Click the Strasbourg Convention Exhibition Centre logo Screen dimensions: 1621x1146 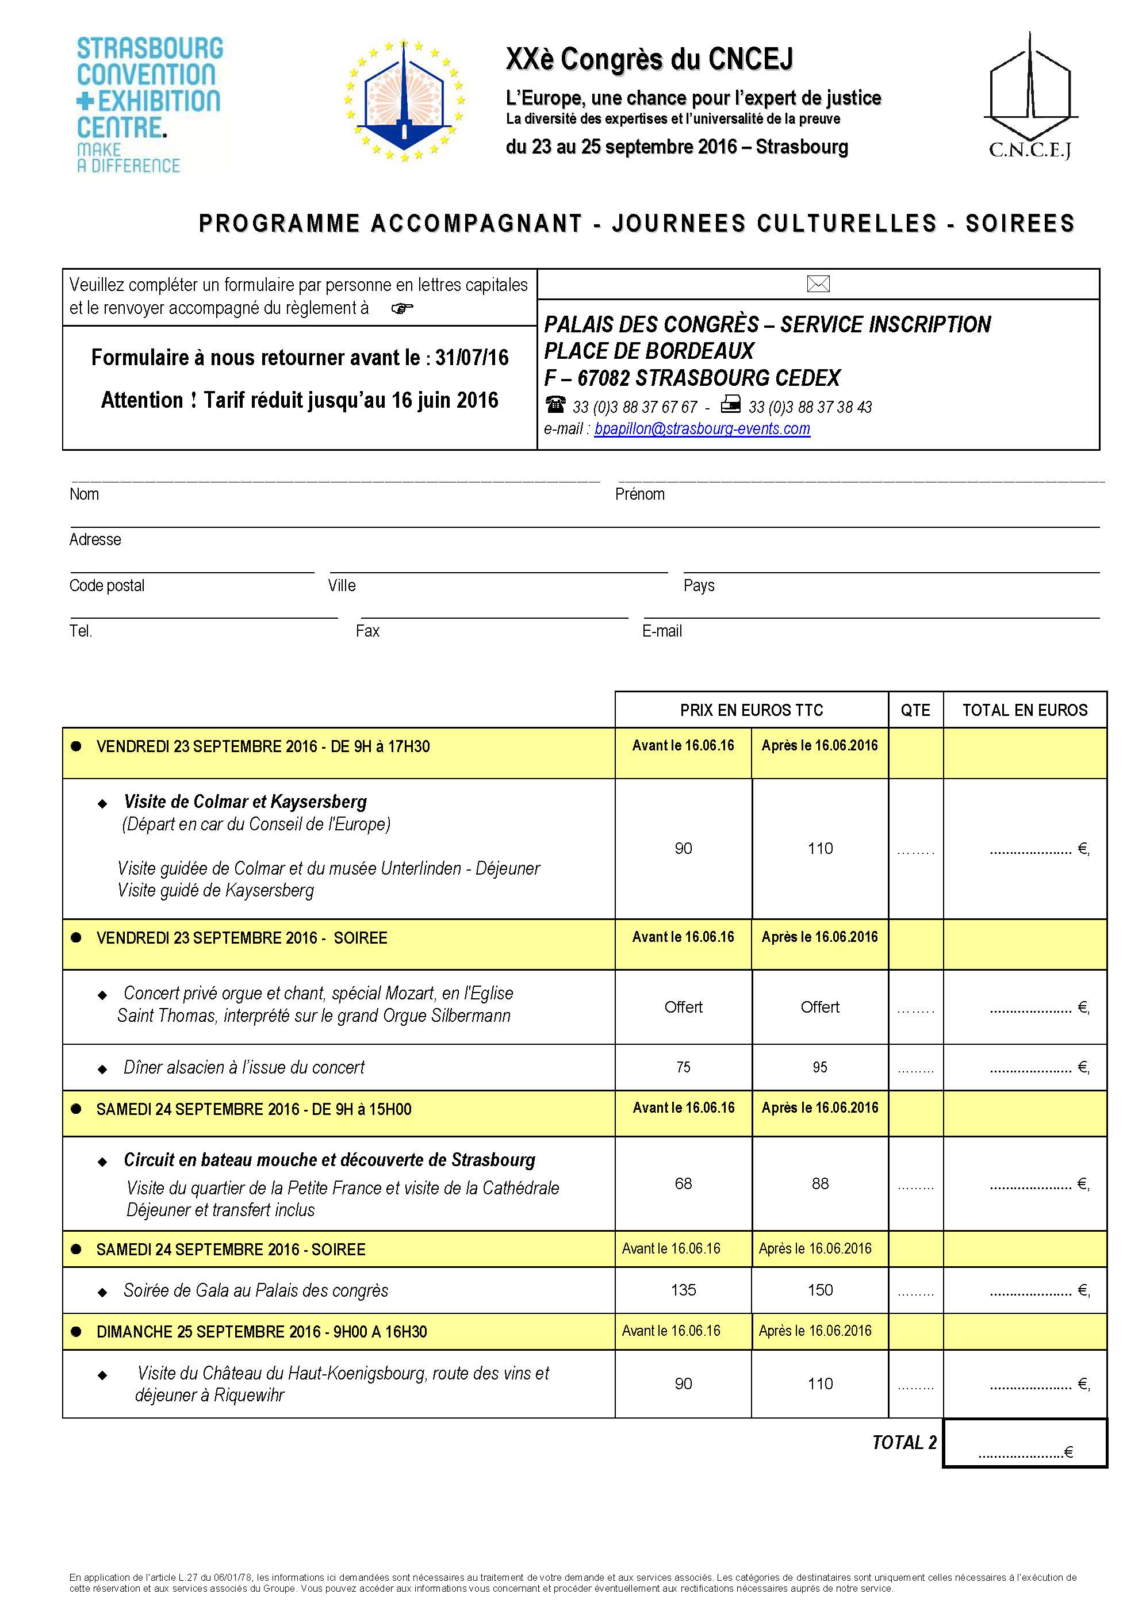coord(149,105)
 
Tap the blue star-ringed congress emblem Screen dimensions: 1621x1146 coord(404,100)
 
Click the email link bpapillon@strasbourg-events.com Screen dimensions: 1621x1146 coord(702,428)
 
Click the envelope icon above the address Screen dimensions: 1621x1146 coord(818,284)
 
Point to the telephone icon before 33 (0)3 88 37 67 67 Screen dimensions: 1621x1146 coord(555,405)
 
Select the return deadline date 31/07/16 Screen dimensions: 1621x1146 coord(472,358)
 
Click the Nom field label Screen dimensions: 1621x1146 coord(84,494)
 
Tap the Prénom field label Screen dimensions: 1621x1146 coord(640,494)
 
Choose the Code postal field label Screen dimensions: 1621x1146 coord(106,585)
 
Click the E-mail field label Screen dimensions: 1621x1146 coord(662,631)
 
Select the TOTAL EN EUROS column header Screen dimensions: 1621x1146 coord(1025,710)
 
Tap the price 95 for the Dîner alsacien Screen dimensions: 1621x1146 coord(820,1067)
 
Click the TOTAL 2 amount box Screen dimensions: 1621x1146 coord(1025,1453)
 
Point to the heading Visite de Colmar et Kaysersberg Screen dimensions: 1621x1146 coord(245,802)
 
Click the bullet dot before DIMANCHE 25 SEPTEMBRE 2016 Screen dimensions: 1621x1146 coord(76,1332)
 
